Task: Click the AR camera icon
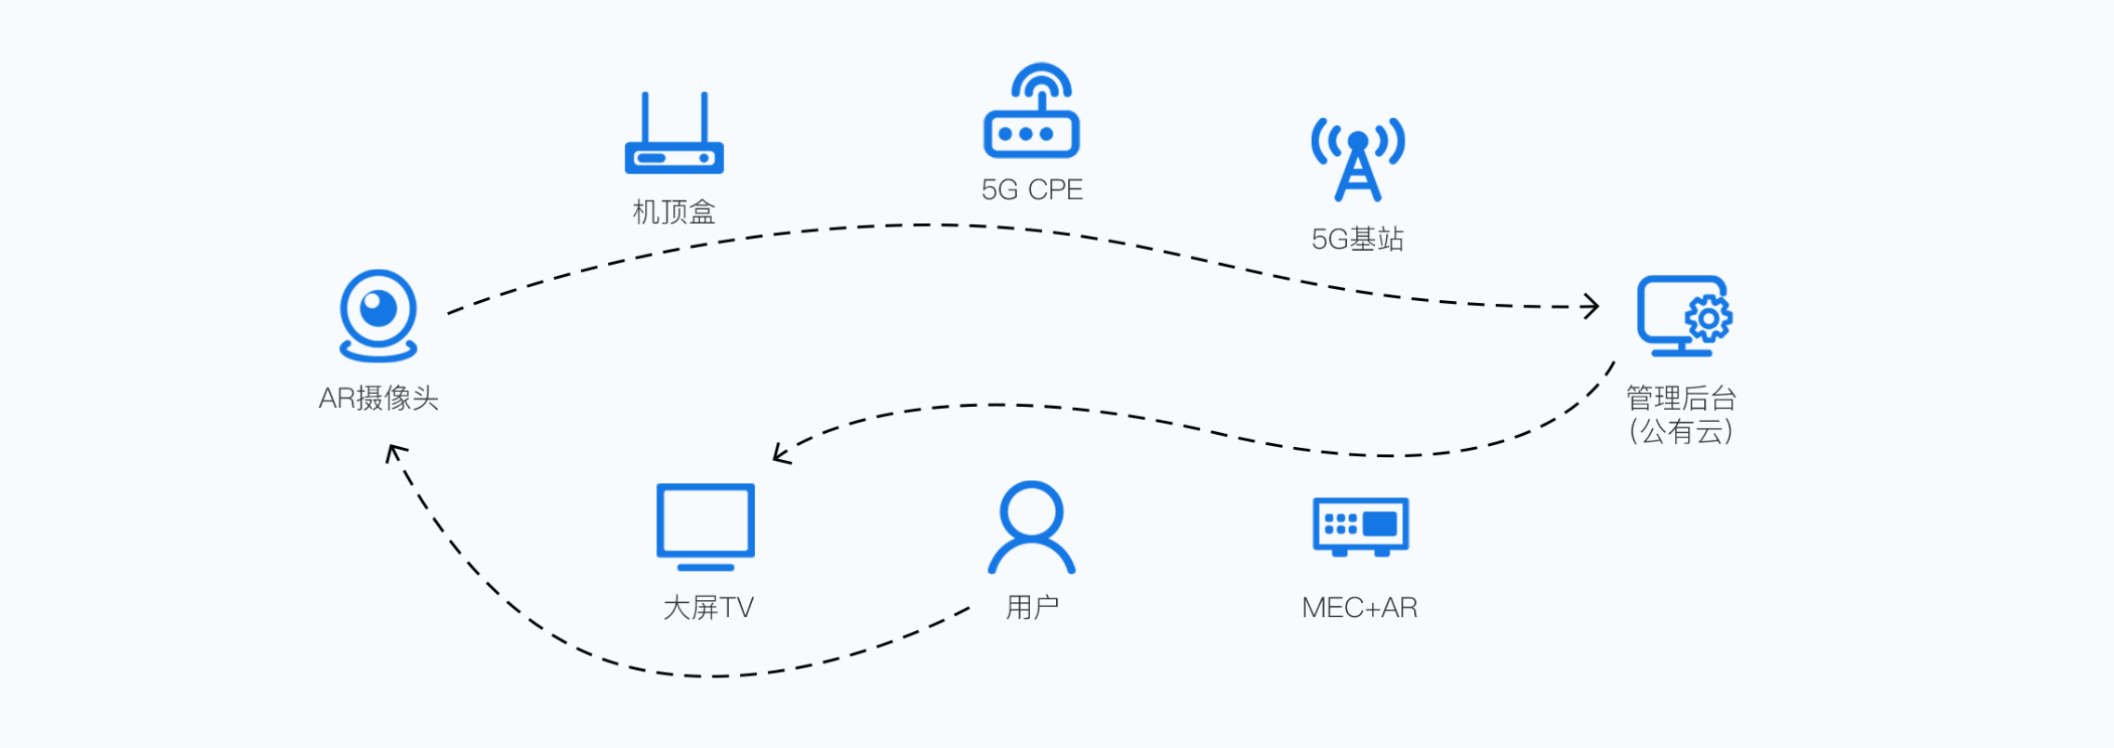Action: tap(378, 315)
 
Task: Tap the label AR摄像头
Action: tap(378, 399)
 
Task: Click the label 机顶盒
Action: tap(674, 213)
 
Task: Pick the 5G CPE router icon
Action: tap(1032, 112)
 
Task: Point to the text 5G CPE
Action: tap(1032, 190)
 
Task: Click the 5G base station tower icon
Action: tap(1357, 159)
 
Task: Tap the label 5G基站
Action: tap(1357, 240)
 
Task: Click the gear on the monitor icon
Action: tap(1709, 319)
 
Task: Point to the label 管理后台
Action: tap(1681, 399)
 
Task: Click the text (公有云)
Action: tap(1681, 431)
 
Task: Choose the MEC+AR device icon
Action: tap(1360, 526)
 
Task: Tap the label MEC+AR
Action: tap(1359, 608)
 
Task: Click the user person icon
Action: tap(1031, 527)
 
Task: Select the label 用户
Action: tap(1032, 608)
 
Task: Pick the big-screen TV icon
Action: tap(706, 525)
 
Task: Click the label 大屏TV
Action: tap(707, 608)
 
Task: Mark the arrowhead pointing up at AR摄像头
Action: tap(394, 453)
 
